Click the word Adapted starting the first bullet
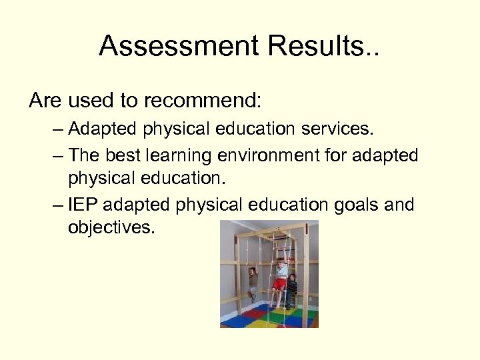click(x=99, y=129)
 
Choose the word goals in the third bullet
click(x=363, y=205)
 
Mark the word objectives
click(x=111, y=228)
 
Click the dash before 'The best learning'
click(x=57, y=156)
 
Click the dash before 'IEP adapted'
click(x=57, y=205)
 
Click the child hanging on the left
click(x=251, y=280)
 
